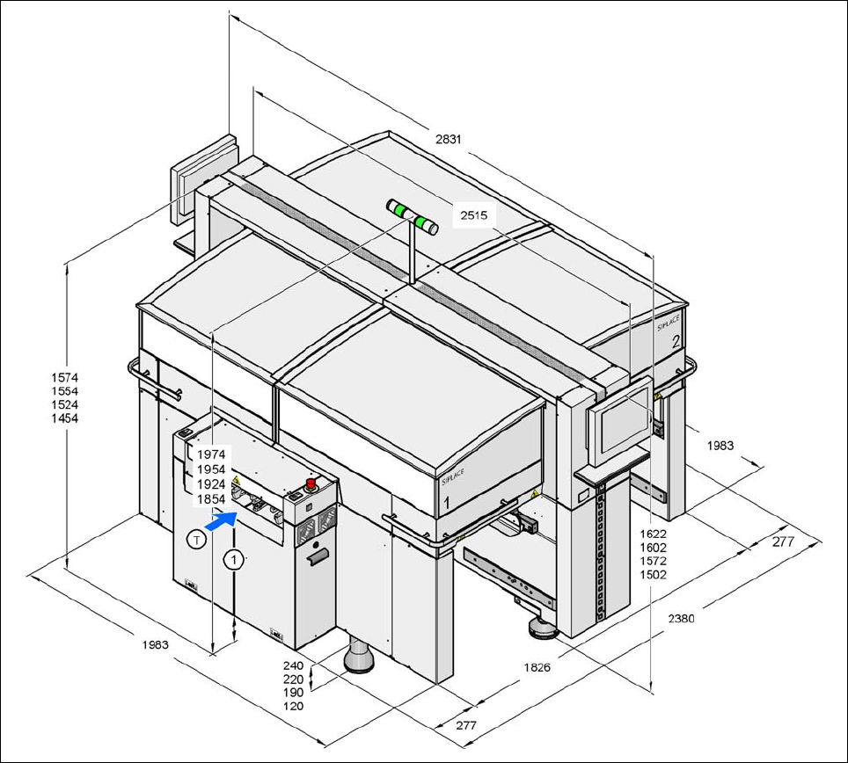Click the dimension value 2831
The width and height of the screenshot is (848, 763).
tap(449, 139)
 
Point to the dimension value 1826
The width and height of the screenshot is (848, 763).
tap(537, 667)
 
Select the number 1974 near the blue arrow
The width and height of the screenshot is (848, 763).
tap(211, 454)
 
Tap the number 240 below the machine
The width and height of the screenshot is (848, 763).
tap(294, 665)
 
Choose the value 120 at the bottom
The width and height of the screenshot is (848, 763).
tap(294, 707)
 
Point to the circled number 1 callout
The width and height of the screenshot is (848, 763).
tap(233, 557)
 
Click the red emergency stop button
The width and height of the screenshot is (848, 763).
tap(311, 483)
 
